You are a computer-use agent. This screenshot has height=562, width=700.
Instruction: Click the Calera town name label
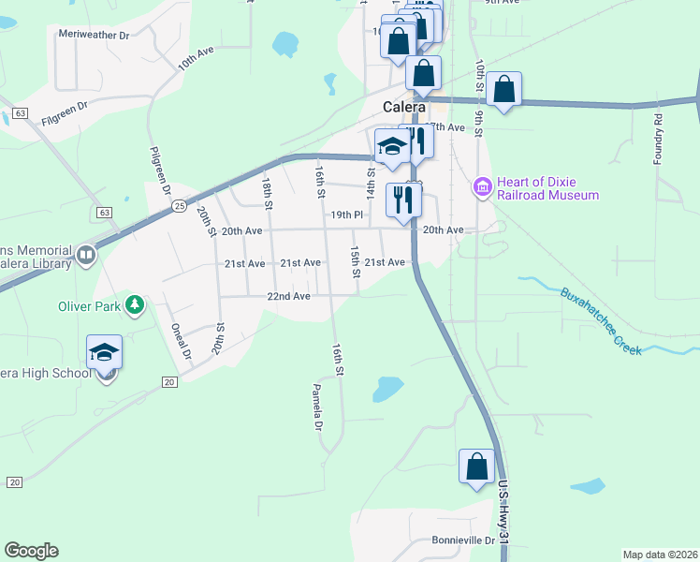(404, 107)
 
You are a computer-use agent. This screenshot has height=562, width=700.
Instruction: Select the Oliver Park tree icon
(136, 304)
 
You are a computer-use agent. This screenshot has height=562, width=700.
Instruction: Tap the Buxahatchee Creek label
(601, 320)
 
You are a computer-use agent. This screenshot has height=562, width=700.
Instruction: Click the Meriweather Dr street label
(93, 34)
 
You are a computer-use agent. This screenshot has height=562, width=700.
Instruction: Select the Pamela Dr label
(317, 407)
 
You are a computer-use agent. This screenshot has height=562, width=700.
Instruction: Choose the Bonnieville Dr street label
(462, 540)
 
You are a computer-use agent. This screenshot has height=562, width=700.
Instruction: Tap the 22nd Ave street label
(288, 296)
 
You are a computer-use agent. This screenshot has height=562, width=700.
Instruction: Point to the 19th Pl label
(345, 214)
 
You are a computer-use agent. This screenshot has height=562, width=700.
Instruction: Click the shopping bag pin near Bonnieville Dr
(476, 466)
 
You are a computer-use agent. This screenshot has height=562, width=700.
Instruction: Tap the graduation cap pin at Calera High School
(104, 353)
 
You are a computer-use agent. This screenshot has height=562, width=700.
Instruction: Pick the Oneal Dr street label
(181, 341)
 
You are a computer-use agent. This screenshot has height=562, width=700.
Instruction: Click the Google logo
(31, 551)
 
